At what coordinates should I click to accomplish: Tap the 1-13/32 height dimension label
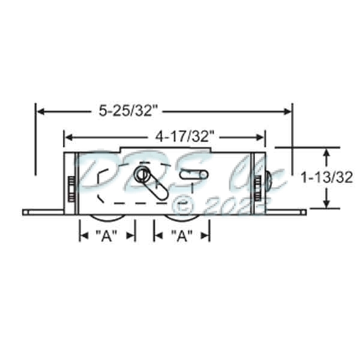pyautogui.click(x=326, y=178)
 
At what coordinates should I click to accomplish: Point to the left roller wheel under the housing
pyautogui.click(x=107, y=218)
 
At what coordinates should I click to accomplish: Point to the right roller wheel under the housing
pyautogui.click(x=182, y=218)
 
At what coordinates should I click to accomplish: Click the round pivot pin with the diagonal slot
pyautogui.click(x=142, y=175)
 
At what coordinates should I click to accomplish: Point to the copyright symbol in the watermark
pyautogui.click(x=180, y=205)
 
